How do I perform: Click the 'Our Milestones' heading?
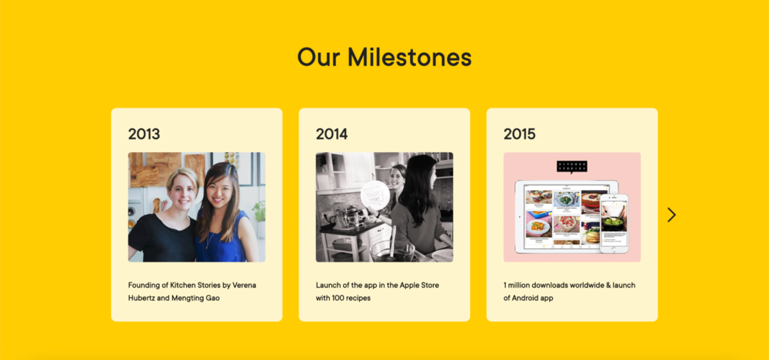click(384, 57)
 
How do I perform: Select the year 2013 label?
click(145, 134)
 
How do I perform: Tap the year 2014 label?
click(331, 134)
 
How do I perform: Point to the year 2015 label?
click(519, 134)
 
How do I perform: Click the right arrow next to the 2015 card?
click(672, 215)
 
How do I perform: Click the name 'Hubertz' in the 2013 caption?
click(141, 298)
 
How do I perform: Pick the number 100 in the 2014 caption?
click(338, 298)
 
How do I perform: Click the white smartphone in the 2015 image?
click(614, 223)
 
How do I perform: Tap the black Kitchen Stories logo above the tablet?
click(572, 167)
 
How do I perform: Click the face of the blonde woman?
click(182, 191)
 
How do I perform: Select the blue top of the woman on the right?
click(221, 240)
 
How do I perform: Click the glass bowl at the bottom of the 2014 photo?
click(392, 252)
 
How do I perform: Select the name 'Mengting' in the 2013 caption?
click(186, 298)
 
